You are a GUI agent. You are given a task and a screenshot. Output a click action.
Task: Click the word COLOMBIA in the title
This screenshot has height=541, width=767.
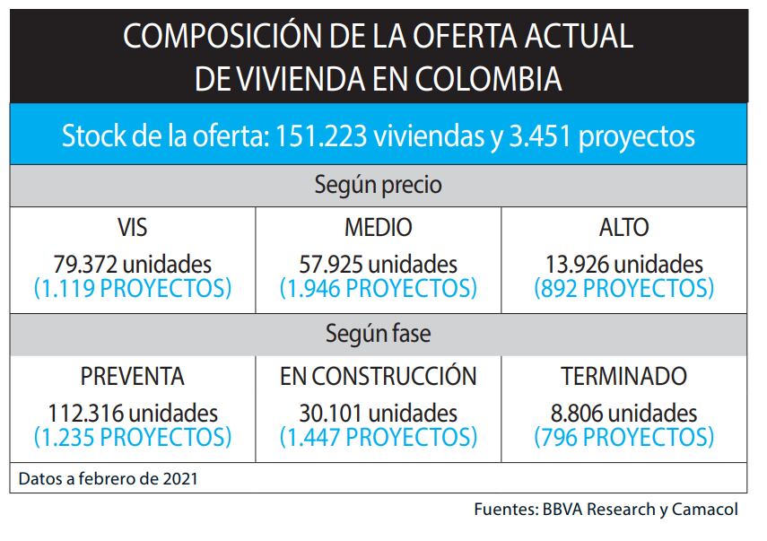pyautogui.click(x=489, y=79)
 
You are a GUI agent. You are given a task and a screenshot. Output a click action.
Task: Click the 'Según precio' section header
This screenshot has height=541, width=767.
pyautogui.click(x=378, y=185)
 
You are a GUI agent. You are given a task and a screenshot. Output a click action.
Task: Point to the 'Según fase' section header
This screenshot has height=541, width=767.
pyautogui.click(x=378, y=334)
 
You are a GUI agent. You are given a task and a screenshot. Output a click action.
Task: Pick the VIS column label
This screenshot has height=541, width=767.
pyautogui.click(x=133, y=228)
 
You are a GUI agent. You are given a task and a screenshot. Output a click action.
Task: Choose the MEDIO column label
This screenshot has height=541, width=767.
pyautogui.click(x=378, y=228)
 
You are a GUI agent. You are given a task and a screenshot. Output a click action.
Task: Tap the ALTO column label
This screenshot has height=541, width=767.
pyautogui.click(x=623, y=228)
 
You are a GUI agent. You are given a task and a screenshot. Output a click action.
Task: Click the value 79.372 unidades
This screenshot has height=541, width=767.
pyautogui.click(x=133, y=265)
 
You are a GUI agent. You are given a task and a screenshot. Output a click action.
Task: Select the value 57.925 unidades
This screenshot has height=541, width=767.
pyautogui.click(x=378, y=265)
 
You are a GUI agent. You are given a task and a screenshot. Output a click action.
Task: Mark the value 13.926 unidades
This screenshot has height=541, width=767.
pyautogui.click(x=623, y=265)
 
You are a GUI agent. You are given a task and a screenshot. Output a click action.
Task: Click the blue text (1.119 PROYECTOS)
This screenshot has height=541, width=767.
pyautogui.click(x=133, y=289)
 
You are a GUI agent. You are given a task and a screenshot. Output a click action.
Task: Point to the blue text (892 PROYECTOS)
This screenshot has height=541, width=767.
pyautogui.click(x=623, y=289)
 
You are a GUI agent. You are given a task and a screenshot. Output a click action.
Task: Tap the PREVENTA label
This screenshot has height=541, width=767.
pyautogui.click(x=133, y=377)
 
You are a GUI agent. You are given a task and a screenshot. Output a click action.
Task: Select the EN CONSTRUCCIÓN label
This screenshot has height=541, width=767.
pyautogui.click(x=378, y=377)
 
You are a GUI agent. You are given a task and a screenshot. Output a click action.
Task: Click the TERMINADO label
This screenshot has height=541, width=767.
pyautogui.click(x=623, y=377)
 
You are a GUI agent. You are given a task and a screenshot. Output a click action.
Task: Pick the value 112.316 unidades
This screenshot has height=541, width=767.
pyautogui.click(x=133, y=414)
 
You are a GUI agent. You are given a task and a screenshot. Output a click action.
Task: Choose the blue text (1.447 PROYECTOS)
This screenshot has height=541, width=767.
pyautogui.click(x=378, y=438)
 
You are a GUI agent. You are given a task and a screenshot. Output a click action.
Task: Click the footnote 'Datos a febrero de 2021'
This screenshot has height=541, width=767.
pyautogui.click(x=108, y=478)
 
